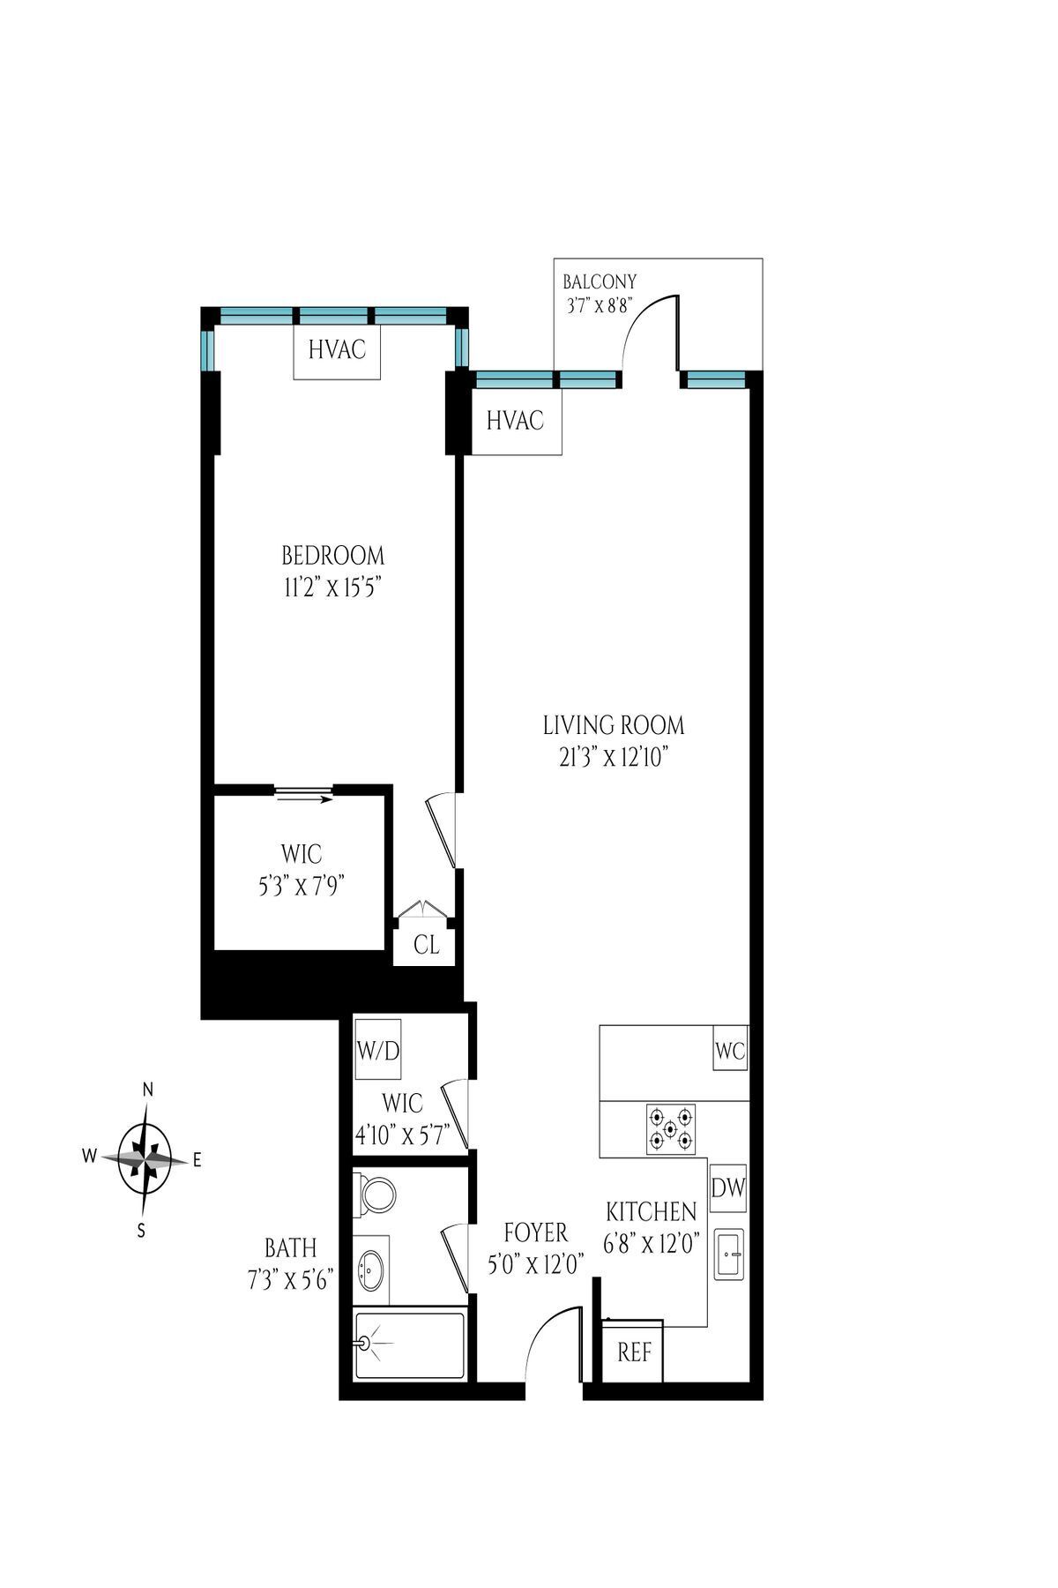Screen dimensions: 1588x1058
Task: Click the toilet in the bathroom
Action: coord(377,1196)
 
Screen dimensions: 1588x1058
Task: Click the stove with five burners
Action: coord(671,1129)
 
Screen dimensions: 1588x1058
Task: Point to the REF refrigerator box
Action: coord(633,1352)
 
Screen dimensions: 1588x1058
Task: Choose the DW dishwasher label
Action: coord(728,1187)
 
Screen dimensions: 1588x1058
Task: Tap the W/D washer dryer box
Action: coord(377,1049)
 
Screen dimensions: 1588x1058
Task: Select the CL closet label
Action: coord(427,945)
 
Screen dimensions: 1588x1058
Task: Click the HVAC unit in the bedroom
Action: coord(337,350)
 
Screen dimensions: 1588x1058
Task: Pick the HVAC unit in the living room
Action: coord(516,422)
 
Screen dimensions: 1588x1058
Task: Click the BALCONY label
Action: coord(600,282)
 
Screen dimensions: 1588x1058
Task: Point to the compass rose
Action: coord(145,1159)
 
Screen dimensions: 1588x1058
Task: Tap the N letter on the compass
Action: coord(148,1090)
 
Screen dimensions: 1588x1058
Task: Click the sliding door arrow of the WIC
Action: coord(304,799)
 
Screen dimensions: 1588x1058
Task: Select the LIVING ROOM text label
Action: coord(614,726)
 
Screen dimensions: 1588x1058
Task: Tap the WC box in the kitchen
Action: coord(730,1051)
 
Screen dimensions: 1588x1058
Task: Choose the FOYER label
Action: coord(535,1232)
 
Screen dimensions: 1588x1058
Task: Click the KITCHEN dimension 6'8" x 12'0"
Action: coord(652,1244)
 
